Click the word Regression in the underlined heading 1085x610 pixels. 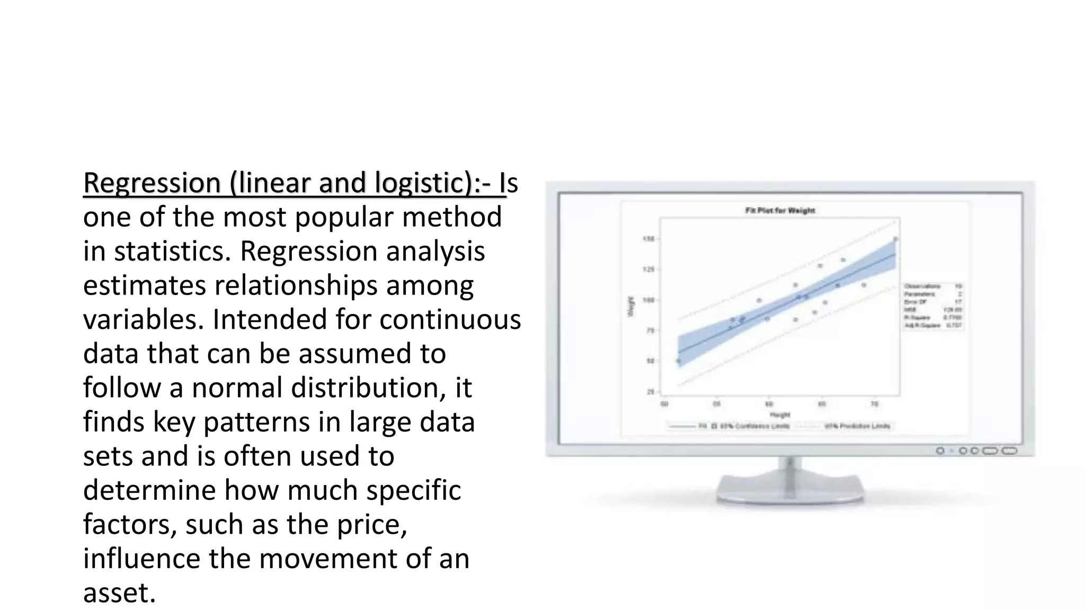152,183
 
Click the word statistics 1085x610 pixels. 172,251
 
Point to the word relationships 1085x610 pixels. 296,285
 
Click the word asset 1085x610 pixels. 119,593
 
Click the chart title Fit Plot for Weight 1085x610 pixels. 780,211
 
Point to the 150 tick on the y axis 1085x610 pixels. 648,239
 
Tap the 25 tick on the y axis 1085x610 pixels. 650,392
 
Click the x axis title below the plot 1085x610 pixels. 780,415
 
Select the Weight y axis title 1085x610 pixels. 631,307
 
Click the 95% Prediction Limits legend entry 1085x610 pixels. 857,426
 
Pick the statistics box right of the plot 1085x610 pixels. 933,306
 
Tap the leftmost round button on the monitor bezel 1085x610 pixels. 940,451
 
